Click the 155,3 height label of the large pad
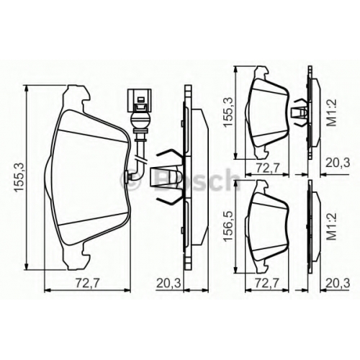pyautogui.click(x=19, y=177)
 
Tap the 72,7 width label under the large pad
pyautogui.click(x=87, y=284)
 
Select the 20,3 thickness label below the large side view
pyautogui.click(x=168, y=284)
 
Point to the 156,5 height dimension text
pyautogui.click(x=228, y=225)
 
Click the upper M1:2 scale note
pyautogui.click(x=333, y=113)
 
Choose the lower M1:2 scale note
pyautogui.click(x=333, y=227)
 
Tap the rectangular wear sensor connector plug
pyautogui.click(x=139, y=100)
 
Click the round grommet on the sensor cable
pyautogui.click(x=140, y=120)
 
